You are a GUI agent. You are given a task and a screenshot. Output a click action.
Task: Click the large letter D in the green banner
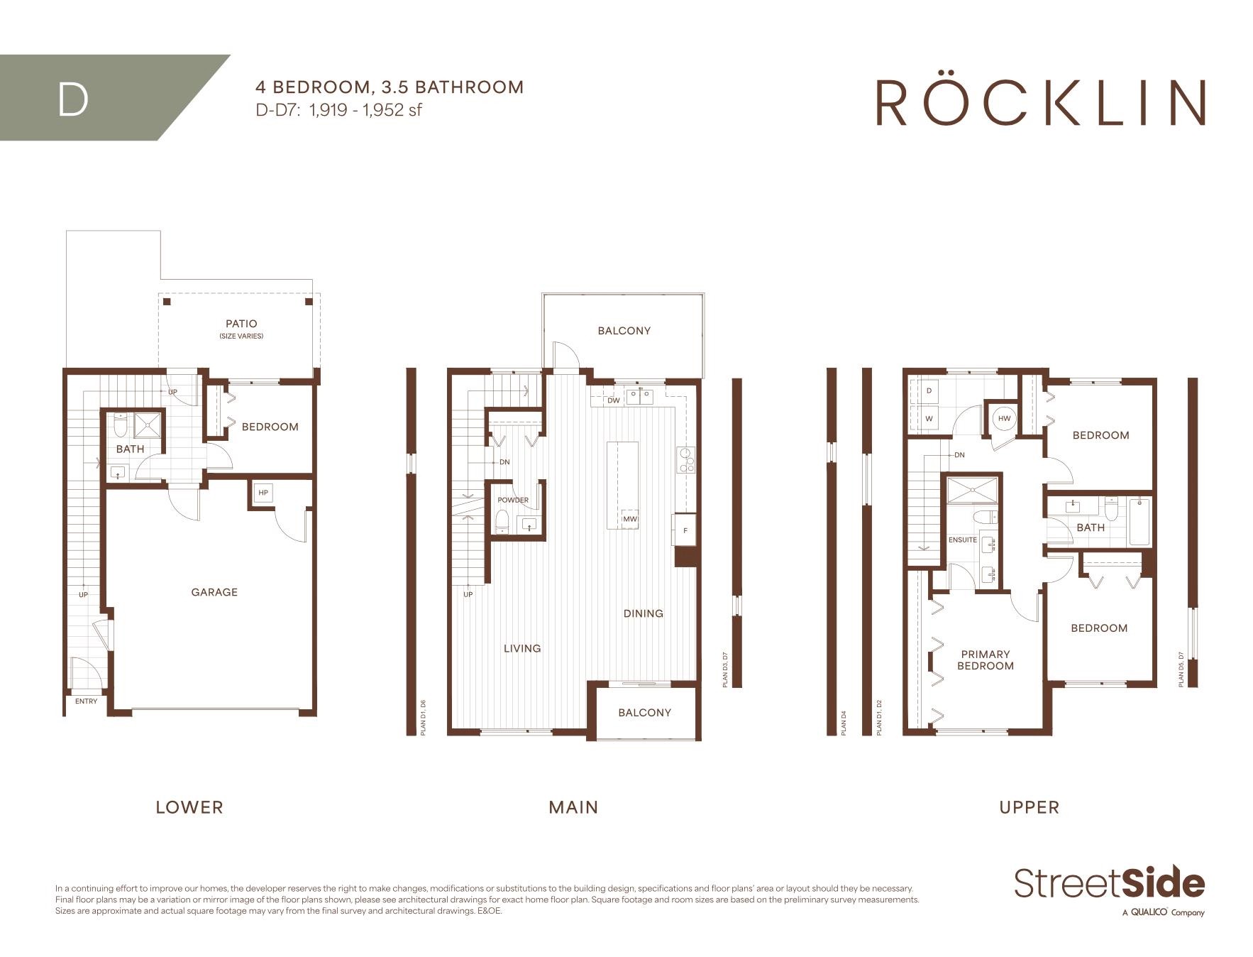pos(73,100)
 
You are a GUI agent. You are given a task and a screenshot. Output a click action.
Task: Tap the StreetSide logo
pos(1110,890)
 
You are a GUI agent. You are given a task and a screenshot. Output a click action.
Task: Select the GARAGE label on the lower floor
pos(214,592)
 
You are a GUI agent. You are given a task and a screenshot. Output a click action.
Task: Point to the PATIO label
pos(241,324)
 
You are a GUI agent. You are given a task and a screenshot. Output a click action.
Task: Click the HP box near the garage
pos(263,493)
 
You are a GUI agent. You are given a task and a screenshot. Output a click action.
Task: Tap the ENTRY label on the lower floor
pos(87,701)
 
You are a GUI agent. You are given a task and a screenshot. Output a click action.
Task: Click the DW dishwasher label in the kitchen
pos(614,400)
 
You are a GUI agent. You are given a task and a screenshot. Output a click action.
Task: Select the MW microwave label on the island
pos(629,519)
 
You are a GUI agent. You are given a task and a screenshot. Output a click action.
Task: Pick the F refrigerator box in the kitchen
pos(685,530)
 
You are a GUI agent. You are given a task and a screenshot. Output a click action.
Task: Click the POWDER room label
pos(513,500)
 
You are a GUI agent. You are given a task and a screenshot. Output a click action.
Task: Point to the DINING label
pos(644,613)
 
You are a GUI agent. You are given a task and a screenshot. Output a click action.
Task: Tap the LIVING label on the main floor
pos(522,648)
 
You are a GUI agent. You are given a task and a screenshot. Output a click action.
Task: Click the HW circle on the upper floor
pos(1005,419)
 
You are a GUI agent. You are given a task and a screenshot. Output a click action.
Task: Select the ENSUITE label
pos(963,540)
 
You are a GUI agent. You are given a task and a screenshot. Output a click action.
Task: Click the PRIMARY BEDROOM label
pos(986,660)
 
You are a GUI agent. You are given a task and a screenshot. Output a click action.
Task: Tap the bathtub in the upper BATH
pos(1139,522)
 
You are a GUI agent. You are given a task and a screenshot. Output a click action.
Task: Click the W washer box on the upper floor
pos(929,419)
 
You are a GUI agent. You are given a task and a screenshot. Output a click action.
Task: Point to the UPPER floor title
pos(1030,807)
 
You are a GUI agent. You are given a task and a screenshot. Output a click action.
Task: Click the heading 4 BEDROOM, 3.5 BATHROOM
pos(390,87)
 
